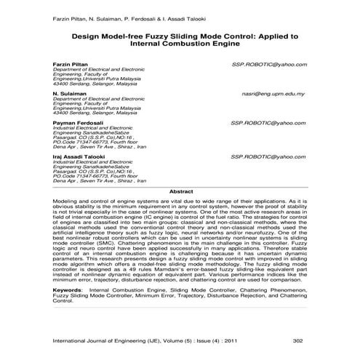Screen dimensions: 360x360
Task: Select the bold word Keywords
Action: [68, 308]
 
